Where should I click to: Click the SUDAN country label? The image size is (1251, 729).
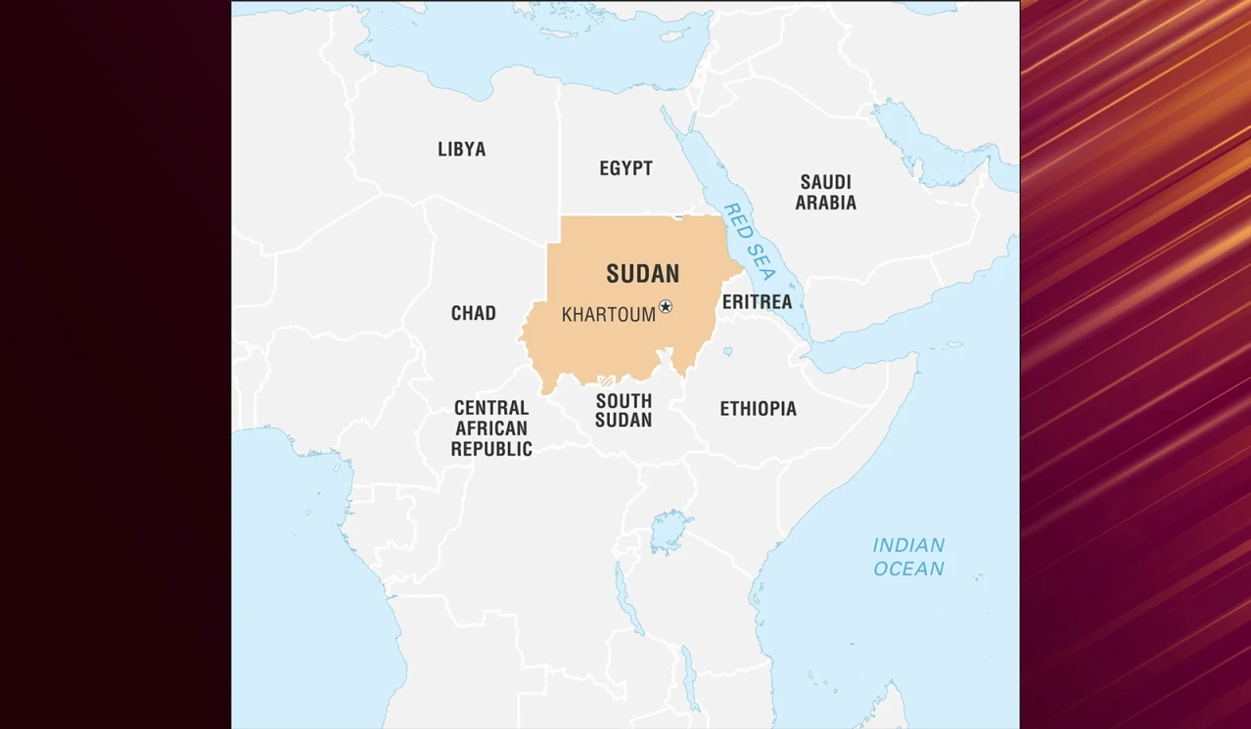[642, 274]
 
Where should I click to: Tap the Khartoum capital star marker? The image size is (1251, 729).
[666, 306]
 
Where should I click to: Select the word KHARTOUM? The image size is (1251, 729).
[608, 315]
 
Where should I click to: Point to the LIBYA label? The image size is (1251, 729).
[461, 150]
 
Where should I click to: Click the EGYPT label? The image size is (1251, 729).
[625, 168]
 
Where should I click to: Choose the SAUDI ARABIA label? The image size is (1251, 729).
[825, 193]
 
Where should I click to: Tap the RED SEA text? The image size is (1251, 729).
[749, 242]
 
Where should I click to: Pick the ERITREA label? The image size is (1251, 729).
[757, 302]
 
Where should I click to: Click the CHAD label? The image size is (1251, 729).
[473, 313]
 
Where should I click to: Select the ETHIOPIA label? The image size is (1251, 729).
[758, 409]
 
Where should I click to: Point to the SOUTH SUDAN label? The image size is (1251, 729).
[624, 410]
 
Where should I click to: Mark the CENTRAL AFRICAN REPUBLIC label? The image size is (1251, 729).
[491, 429]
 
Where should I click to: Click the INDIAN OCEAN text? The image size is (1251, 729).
[908, 557]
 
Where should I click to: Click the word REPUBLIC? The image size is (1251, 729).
[491, 449]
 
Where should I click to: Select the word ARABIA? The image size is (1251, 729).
[825, 204]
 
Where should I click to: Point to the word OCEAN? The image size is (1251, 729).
[908, 569]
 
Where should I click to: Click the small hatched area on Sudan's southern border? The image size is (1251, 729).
[607, 381]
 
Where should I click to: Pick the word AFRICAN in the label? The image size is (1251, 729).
[491, 429]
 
